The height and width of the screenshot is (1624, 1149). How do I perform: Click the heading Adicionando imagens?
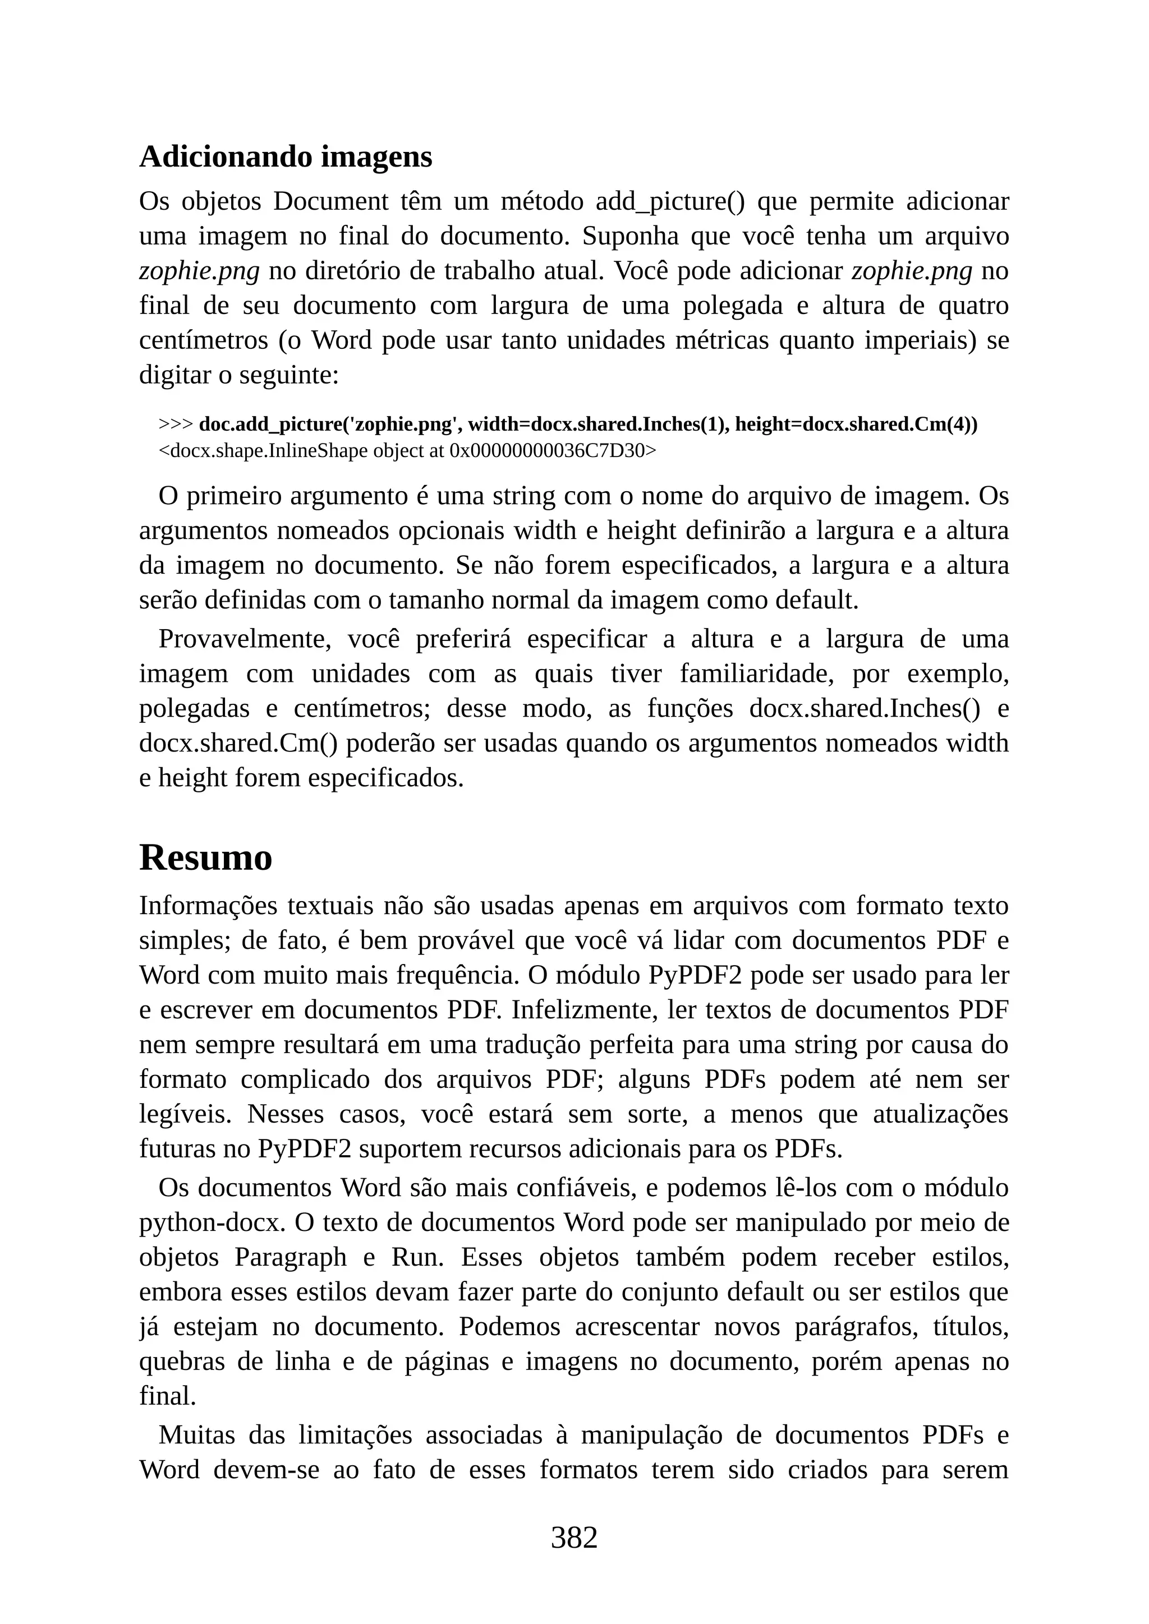click(x=285, y=157)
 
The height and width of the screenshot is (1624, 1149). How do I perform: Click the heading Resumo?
click(x=205, y=858)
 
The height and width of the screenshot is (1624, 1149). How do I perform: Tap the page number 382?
click(x=574, y=1538)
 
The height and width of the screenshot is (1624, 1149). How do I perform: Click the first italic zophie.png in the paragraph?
click(x=199, y=271)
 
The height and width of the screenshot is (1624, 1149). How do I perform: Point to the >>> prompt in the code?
click(x=176, y=425)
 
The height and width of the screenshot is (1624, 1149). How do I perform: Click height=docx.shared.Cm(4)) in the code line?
click(x=856, y=425)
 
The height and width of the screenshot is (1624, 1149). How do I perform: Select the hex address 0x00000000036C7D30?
click(x=548, y=450)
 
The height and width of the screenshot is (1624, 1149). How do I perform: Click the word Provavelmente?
click(x=245, y=639)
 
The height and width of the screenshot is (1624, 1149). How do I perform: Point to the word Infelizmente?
click(x=585, y=1009)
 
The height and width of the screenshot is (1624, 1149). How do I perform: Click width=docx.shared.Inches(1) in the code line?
click(x=599, y=425)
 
